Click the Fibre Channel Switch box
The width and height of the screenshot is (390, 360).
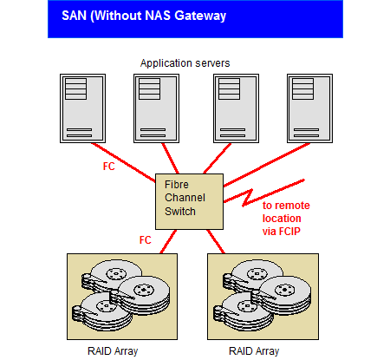[x=189, y=201]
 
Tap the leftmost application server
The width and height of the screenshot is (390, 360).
[x=82, y=108]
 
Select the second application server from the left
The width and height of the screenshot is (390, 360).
[x=156, y=108]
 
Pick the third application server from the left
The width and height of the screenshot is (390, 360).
[x=236, y=108]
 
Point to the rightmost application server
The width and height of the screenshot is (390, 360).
[x=309, y=108]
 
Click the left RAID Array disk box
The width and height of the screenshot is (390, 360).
[x=122, y=297]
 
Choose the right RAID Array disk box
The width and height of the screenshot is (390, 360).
[x=263, y=297]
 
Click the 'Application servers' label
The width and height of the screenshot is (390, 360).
[x=185, y=63]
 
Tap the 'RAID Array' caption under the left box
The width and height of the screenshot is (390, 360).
[x=113, y=351]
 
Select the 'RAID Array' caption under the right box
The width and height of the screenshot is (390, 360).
[x=254, y=351]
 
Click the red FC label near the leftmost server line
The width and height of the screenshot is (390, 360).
[x=109, y=167]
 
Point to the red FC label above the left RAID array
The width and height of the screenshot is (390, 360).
[x=146, y=240]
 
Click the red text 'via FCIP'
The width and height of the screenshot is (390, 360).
[x=282, y=232]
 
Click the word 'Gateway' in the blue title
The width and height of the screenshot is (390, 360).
[x=200, y=16]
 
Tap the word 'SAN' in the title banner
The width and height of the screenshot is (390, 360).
[x=74, y=16]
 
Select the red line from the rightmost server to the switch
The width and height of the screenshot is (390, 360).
[x=267, y=165]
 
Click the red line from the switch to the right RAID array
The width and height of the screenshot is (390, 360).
[x=216, y=242]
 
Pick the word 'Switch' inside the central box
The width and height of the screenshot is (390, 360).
[x=180, y=212]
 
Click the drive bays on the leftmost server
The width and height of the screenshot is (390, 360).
[x=75, y=89]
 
